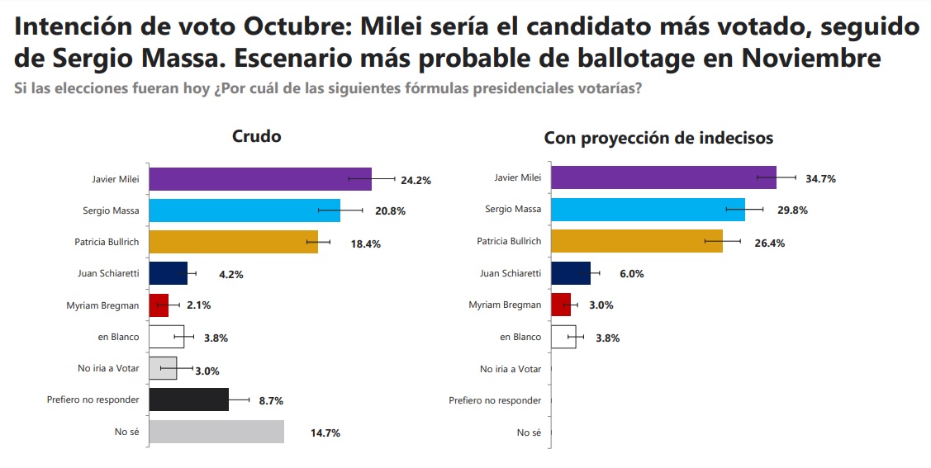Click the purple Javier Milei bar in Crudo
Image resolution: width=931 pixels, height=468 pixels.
click(x=259, y=179)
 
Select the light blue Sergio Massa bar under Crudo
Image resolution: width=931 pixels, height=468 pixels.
click(x=244, y=210)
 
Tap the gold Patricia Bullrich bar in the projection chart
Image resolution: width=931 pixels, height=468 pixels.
click(x=636, y=241)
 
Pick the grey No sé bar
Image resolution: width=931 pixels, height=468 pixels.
click(x=216, y=432)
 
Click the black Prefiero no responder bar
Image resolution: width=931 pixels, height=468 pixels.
click(x=188, y=399)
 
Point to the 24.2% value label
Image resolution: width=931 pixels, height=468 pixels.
click(x=416, y=179)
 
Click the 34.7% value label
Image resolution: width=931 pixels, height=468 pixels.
click(x=820, y=178)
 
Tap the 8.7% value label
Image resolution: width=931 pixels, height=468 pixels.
click(x=271, y=400)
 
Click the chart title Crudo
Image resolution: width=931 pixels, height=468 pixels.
click(x=256, y=136)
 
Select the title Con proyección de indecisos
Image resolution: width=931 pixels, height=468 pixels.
click(x=658, y=138)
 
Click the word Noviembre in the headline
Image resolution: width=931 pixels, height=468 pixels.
click(x=810, y=59)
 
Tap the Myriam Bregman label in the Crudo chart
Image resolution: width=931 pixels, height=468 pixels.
click(x=102, y=305)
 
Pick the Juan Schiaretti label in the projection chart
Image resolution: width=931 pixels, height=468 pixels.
click(x=510, y=273)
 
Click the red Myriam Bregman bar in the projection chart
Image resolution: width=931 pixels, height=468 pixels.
click(x=560, y=305)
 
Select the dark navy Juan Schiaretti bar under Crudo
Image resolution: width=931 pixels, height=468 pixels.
click(x=168, y=273)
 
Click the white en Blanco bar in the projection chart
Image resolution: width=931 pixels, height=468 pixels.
click(x=563, y=337)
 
